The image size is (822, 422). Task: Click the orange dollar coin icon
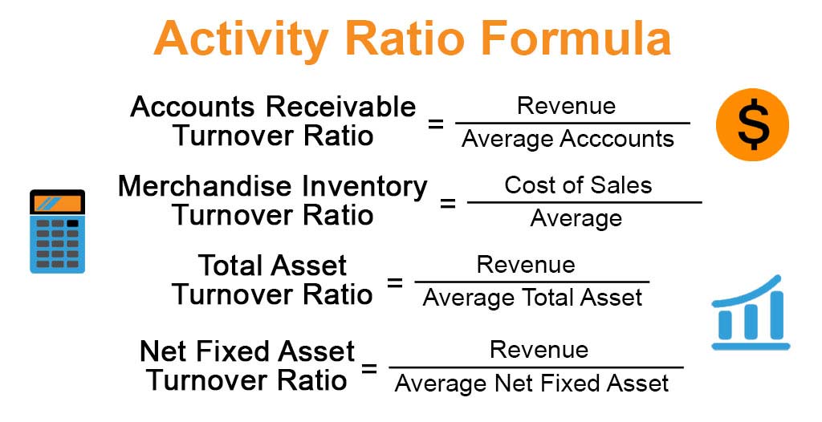(x=752, y=125)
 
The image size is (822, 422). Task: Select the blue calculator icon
(x=57, y=232)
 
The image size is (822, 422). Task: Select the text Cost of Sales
(x=578, y=185)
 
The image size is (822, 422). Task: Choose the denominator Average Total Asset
(x=532, y=298)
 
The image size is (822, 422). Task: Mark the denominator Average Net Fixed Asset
(x=531, y=383)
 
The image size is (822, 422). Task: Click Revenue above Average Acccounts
(x=566, y=106)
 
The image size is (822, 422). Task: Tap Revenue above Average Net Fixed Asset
(x=539, y=350)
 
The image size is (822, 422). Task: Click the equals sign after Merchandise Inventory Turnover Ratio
(x=447, y=202)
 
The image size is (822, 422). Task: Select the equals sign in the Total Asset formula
(x=394, y=282)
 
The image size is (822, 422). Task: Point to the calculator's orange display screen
(x=57, y=203)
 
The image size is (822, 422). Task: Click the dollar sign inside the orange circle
(x=752, y=126)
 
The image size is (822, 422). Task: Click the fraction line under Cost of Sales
(x=584, y=201)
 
